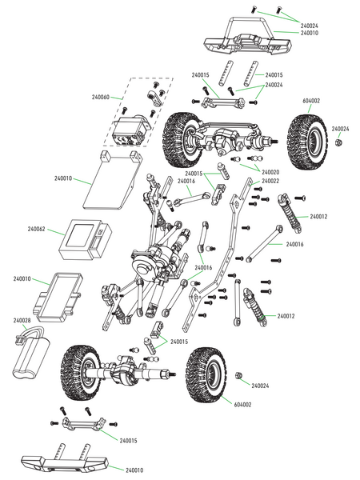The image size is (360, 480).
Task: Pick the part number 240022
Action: pyautogui.click(x=268, y=181)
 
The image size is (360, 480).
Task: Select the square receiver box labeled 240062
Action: pyautogui.click(x=88, y=238)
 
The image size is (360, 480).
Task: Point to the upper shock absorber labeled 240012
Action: pyautogui.click(x=289, y=213)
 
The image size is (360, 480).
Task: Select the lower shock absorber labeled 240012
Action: pyautogui.click(x=249, y=306)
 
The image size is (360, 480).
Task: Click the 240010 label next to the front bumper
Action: pyautogui.click(x=311, y=33)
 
